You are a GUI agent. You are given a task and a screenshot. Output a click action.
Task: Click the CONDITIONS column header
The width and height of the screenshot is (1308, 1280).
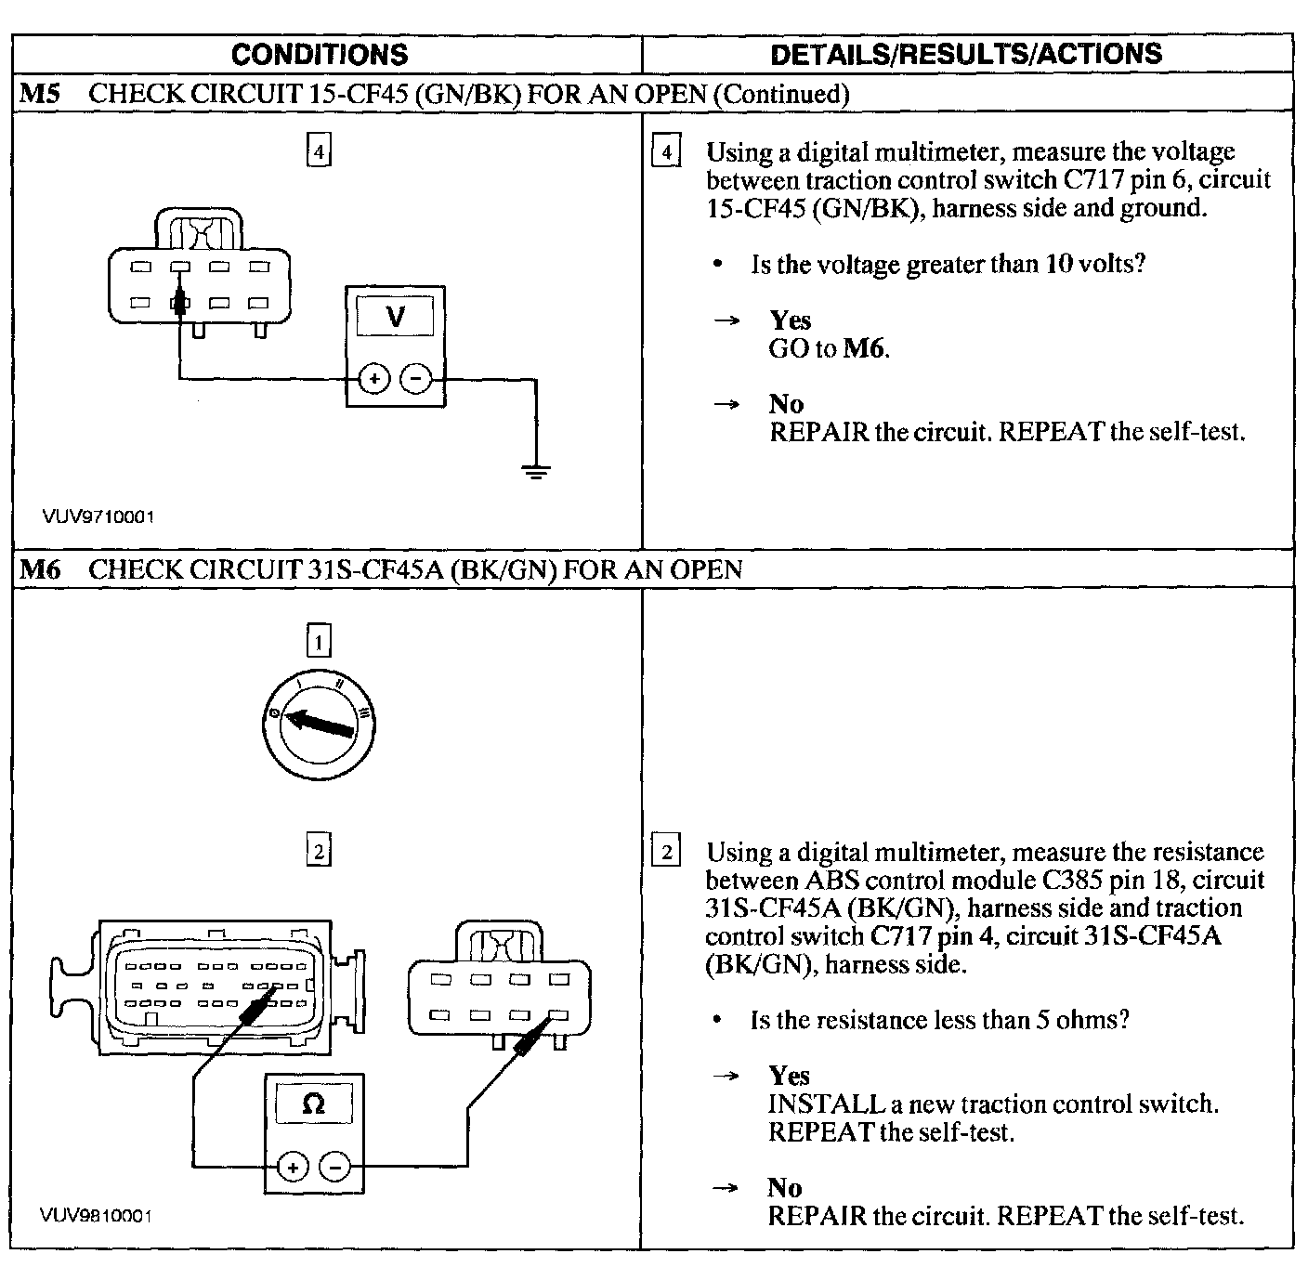coord(320,55)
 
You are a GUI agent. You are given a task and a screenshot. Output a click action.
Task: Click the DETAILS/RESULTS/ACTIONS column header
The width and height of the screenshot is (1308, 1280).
coord(966,55)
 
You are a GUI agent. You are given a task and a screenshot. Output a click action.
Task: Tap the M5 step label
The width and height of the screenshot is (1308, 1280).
coord(40,94)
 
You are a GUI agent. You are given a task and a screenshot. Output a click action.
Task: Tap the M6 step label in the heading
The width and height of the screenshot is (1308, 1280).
coord(40,569)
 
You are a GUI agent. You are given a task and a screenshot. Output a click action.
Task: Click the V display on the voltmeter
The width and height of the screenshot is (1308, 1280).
coord(396,318)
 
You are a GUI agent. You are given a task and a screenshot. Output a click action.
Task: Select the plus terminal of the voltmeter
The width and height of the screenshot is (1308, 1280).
coord(373,379)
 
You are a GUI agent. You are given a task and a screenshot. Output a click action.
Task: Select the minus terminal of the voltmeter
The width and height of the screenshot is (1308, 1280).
coord(415,379)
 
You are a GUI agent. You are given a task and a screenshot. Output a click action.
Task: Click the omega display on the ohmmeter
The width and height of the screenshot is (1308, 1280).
coord(314,1104)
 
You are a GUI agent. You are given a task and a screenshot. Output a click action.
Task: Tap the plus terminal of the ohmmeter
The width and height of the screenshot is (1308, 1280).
coord(293,1167)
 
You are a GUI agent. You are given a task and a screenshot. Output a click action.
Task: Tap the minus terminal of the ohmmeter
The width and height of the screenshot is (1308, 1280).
coord(334,1167)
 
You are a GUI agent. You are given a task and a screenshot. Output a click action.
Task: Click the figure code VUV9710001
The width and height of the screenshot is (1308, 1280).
coord(98,516)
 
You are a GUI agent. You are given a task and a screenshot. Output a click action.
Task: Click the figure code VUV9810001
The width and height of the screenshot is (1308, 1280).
coord(96,1215)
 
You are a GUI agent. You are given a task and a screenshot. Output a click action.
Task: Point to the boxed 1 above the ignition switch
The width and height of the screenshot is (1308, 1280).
coord(319,641)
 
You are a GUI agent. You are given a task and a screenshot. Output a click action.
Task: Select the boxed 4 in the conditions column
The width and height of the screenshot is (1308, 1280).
coord(319,151)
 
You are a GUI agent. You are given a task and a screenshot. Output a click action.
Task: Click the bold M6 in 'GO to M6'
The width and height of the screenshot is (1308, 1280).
coord(864,349)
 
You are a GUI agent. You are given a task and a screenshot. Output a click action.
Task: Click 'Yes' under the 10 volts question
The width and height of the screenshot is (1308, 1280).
coord(791,320)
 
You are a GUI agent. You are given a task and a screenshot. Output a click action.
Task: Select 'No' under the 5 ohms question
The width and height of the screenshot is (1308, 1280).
coord(784,1187)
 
